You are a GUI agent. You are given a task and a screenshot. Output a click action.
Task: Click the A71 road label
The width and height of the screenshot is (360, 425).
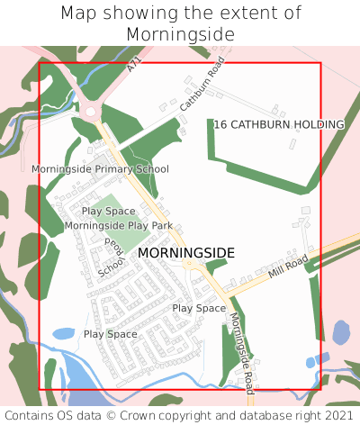(x=134, y=66)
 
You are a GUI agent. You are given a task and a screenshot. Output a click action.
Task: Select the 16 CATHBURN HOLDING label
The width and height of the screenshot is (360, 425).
(x=279, y=124)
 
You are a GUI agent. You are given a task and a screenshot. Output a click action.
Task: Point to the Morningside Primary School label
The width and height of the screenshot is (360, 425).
(x=100, y=169)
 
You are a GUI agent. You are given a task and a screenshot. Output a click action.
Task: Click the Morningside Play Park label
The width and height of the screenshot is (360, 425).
(x=119, y=225)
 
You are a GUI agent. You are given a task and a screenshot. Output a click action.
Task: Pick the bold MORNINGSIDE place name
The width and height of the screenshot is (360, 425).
(x=186, y=254)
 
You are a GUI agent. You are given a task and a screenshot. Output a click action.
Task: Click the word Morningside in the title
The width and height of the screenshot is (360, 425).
(x=181, y=34)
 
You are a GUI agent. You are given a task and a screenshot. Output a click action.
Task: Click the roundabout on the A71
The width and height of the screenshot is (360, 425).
(x=90, y=113)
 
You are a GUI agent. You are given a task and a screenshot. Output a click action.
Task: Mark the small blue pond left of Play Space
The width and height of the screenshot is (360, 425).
(x=63, y=334)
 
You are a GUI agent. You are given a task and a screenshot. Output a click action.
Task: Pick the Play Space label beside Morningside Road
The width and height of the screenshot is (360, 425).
(x=199, y=308)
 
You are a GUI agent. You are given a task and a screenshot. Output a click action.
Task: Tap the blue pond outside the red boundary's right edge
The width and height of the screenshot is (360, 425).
(x=341, y=333)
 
